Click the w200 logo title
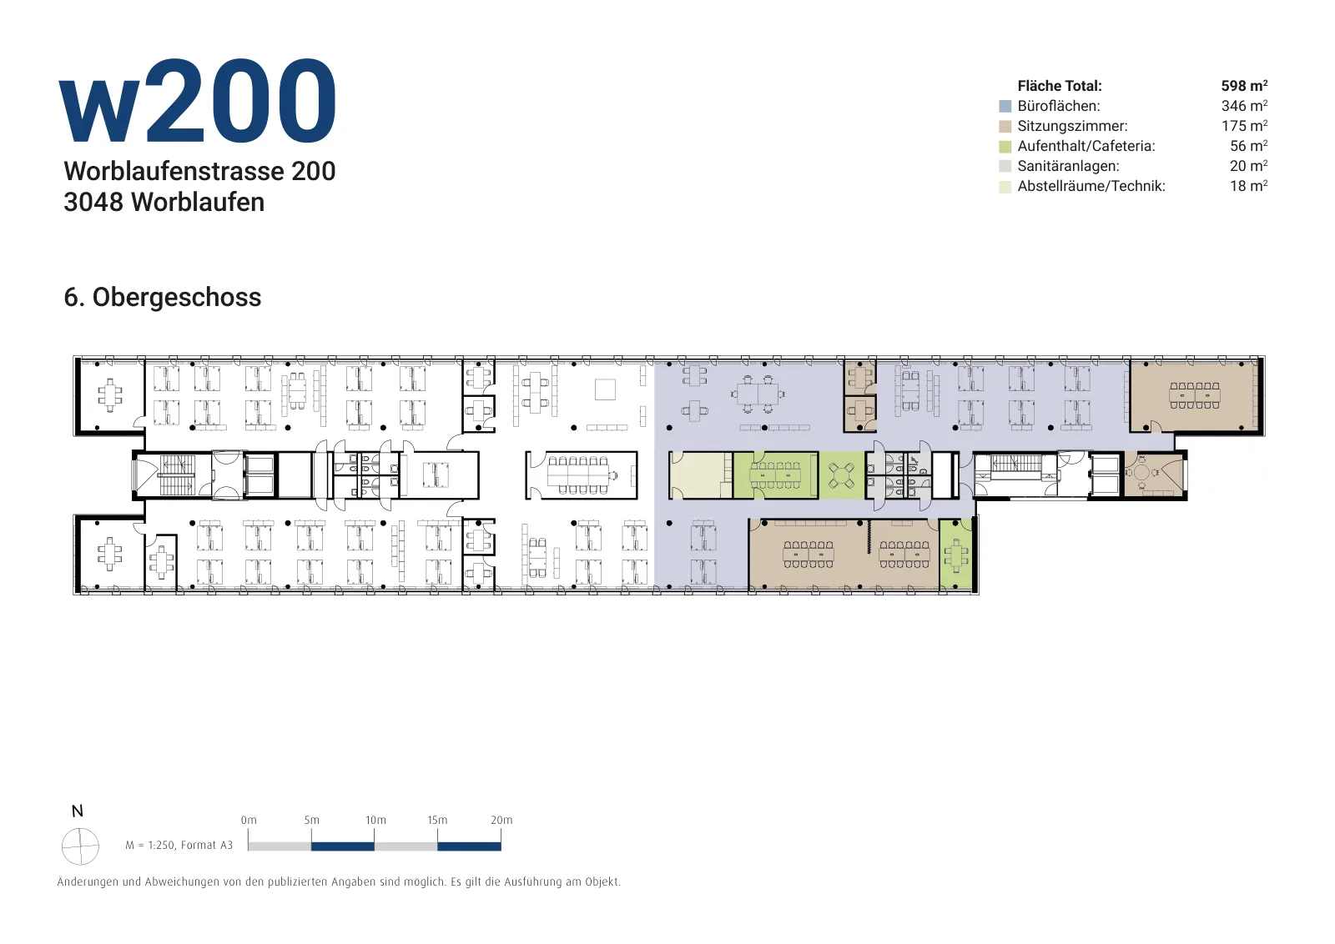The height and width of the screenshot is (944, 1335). coord(197,101)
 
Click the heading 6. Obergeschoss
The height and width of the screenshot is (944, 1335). coord(162,297)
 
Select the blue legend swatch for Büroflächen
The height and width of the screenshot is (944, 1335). coord(1005,107)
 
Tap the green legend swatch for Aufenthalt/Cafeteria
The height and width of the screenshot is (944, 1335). coord(1005,147)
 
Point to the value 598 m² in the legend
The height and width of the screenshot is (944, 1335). coord(1244,86)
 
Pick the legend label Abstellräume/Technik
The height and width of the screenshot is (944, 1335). coord(1091,186)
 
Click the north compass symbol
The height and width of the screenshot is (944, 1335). coord(80,846)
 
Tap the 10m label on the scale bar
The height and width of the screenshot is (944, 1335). coord(375,820)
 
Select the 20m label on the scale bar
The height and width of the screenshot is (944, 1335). coord(501,820)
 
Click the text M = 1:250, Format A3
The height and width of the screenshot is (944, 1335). coord(179,845)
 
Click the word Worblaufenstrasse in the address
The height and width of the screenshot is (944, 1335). coord(174,172)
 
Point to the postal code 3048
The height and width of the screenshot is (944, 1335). coord(93,203)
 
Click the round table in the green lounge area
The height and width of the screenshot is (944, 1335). coord(842,475)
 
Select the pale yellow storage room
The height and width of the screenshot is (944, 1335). coord(701,475)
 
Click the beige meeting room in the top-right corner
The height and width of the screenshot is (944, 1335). coord(1194,395)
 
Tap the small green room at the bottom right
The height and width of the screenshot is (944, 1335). coord(955,555)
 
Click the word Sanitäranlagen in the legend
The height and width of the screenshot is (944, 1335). coord(1068,166)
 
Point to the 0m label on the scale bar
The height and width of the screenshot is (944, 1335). coord(249,820)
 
